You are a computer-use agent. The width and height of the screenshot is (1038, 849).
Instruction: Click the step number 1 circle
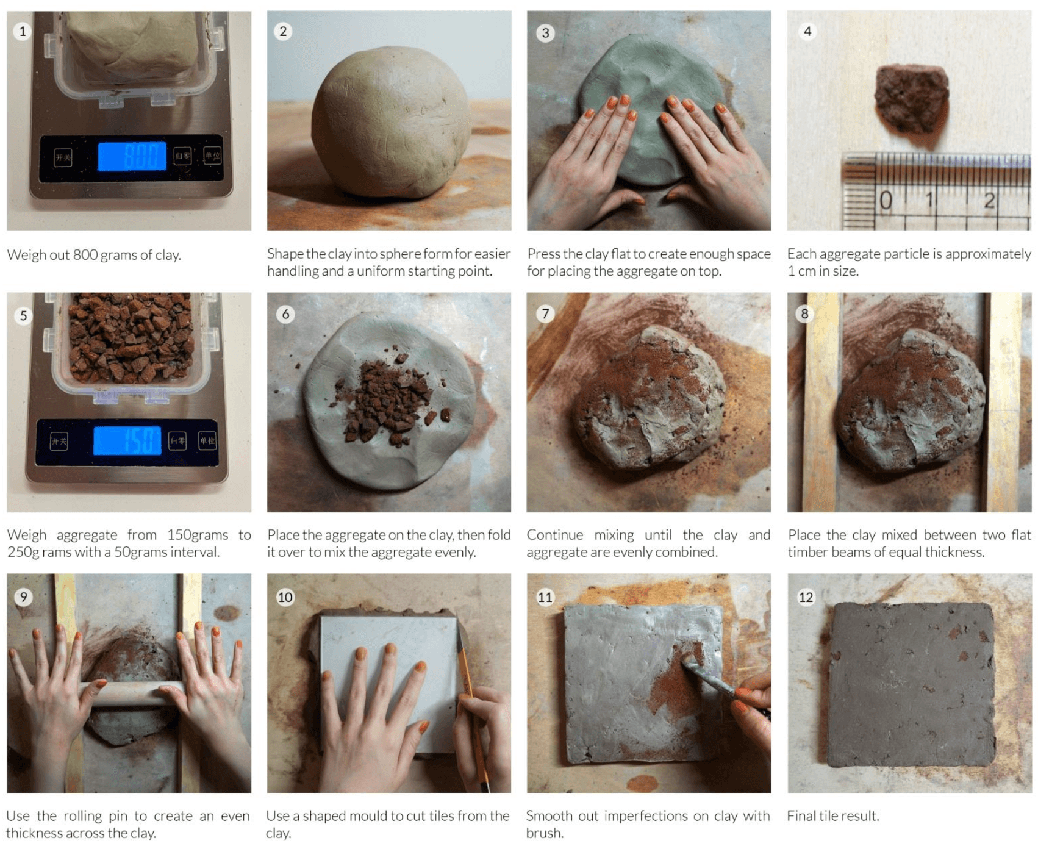[x=23, y=31]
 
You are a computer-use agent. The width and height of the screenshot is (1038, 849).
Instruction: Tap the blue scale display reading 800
[x=132, y=156]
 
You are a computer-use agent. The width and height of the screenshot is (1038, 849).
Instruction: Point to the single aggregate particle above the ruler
[x=911, y=99]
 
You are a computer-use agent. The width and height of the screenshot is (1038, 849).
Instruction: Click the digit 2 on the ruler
[x=989, y=200]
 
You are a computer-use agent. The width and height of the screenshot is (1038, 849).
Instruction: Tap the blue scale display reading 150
[x=127, y=440]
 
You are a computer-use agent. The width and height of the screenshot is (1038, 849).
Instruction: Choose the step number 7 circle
[x=545, y=314]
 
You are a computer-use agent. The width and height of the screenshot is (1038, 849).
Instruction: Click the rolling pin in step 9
[x=131, y=694]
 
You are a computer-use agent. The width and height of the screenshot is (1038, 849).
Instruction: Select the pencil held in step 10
[x=473, y=713]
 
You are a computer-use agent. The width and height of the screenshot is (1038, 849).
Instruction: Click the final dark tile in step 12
[x=911, y=684]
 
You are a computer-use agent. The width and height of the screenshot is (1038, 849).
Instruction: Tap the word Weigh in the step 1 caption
[x=26, y=256]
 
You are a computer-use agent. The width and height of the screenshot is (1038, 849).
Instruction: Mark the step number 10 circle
[x=285, y=596]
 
